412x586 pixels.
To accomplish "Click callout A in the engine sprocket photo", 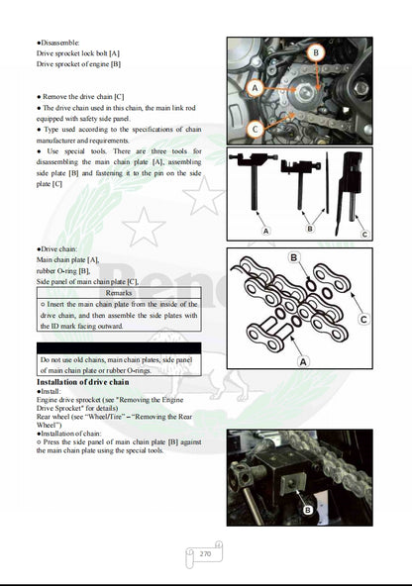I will point(255,88).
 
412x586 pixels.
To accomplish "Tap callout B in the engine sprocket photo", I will point(315,52).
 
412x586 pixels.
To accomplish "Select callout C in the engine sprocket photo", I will point(256,127).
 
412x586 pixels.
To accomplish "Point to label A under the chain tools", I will point(264,230).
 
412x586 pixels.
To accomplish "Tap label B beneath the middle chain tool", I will point(309,229).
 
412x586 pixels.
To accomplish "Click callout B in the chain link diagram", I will point(293,258).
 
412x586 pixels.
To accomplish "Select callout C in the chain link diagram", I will point(362,320).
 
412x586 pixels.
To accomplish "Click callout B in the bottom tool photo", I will point(307,509).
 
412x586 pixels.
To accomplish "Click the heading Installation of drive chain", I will point(83,381).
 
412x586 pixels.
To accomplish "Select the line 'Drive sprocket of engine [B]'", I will point(79,64).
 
